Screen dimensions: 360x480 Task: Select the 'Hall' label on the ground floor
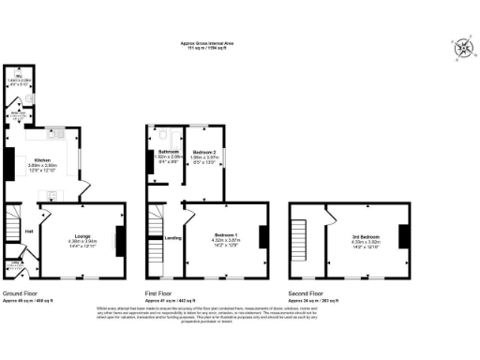(x=28, y=231)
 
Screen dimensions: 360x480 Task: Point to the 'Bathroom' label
(x=169, y=151)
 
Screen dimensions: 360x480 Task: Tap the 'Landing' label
(x=172, y=238)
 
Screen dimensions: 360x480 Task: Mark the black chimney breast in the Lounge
(x=118, y=240)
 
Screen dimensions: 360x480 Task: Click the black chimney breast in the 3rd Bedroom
(x=403, y=235)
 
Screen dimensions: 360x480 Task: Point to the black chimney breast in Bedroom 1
(x=262, y=236)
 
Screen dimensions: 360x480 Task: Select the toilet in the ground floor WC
(x=32, y=96)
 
